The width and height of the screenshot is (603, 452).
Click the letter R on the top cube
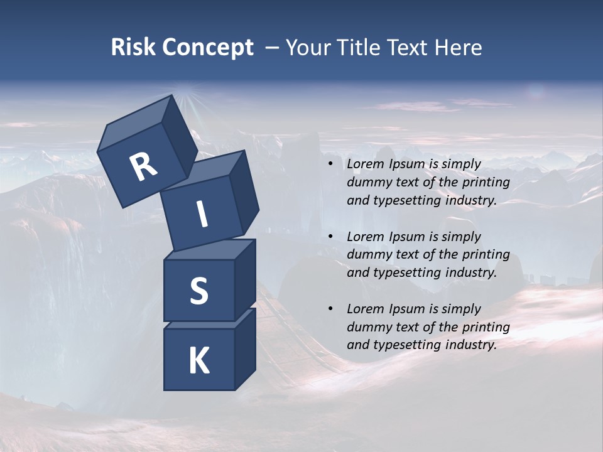pyautogui.click(x=143, y=166)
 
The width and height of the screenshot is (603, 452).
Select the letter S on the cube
pyautogui.click(x=199, y=291)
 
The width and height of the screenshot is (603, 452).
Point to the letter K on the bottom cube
pyautogui.click(x=199, y=361)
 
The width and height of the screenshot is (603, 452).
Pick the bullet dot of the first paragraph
pyautogui.click(x=330, y=164)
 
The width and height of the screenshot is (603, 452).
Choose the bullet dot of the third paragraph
pyautogui.click(x=330, y=309)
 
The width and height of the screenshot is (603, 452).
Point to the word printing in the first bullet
pyautogui.click(x=486, y=183)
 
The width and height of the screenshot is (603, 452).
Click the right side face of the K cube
pyautogui.click(x=245, y=348)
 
